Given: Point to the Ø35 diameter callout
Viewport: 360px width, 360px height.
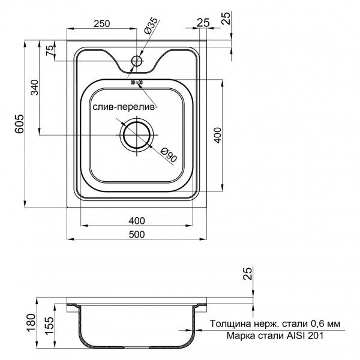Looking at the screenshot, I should (151, 28).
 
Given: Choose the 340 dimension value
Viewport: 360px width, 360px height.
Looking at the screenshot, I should (34, 88).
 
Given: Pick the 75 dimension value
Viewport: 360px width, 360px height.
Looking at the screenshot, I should (49, 50).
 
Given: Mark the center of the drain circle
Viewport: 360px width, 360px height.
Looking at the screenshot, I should (137, 135).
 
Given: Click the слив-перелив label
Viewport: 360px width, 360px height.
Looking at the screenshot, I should (124, 107).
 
